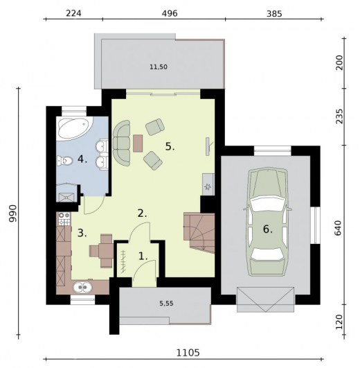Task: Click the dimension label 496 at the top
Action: click(170, 14)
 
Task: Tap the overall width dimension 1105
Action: click(188, 353)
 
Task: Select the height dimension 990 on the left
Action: click(12, 213)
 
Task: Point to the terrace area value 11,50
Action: click(159, 67)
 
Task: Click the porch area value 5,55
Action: click(166, 304)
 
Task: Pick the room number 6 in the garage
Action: click(268, 229)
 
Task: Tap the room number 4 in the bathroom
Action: click(82, 159)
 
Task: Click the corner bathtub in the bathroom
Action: click(75, 129)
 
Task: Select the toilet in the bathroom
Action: click(64, 161)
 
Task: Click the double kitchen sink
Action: click(82, 288)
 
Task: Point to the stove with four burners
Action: click(64, 219)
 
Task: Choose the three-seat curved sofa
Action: click(121, 143)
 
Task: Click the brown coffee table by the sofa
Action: click(138, 143)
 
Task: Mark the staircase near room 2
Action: click(199, 232)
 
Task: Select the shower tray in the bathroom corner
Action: click(66, 197)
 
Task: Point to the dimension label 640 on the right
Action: click(339, 227)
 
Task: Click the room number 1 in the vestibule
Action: click(143, 256)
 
